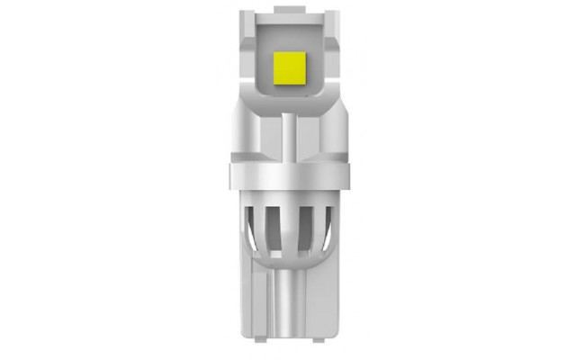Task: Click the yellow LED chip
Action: click(x=292, y=66)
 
